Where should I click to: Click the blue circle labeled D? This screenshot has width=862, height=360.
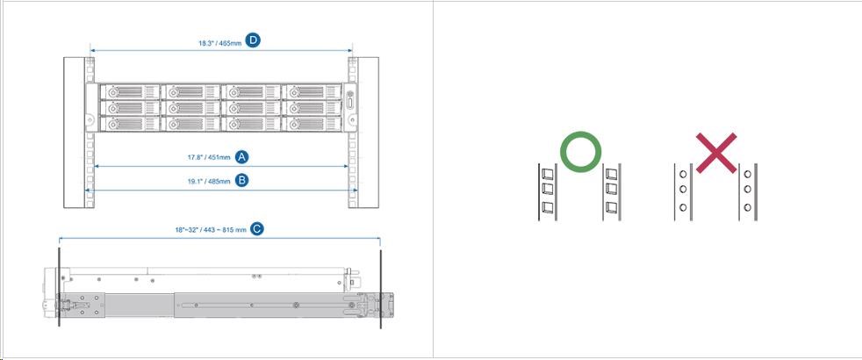click(253, 40)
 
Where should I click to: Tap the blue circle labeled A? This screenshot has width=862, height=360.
click(242, 156)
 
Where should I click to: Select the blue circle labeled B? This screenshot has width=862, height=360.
click(242, 180)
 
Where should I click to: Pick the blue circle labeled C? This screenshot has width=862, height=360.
click(256, 228)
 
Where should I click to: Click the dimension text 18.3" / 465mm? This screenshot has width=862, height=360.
click(220, 42)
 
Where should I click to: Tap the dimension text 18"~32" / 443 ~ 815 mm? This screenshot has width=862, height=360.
click(211, 230)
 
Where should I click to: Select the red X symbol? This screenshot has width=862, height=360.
click(716, 153)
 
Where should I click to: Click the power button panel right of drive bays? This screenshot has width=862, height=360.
click(350, 108)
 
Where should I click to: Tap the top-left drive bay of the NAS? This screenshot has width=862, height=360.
click(130, 92)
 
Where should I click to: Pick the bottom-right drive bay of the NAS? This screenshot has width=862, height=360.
click(312, 124)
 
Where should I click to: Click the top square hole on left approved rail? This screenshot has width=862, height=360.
click(547, 174)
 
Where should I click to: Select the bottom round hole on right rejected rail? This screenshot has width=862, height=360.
click(747, 207)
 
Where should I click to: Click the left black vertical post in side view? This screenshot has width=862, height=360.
click(59, 288)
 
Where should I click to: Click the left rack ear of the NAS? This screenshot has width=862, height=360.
click(91, 108)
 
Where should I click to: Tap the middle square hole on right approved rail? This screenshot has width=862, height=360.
click(611, 189)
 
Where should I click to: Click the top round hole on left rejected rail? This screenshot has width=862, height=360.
click(683, 174)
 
